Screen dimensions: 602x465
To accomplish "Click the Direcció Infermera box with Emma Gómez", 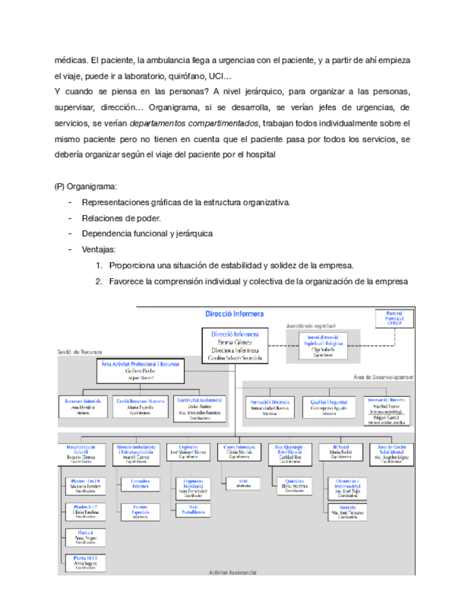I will (235, 346).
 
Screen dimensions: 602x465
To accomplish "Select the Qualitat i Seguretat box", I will (327, 406).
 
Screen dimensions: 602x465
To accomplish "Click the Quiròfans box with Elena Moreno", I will (292, 487).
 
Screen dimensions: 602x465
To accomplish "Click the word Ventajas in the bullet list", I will (99, 249).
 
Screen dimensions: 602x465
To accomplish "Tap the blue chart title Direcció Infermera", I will (234, 312).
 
